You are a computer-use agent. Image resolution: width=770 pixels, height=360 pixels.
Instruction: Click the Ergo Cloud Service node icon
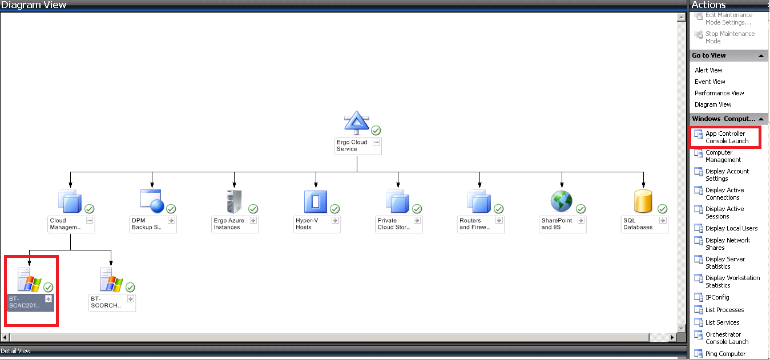357,123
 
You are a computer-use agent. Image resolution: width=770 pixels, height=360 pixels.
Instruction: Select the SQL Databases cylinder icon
643,201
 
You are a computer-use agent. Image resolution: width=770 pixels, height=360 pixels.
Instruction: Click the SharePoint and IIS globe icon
561,201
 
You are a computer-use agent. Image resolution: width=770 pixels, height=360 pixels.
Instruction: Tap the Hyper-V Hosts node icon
315,201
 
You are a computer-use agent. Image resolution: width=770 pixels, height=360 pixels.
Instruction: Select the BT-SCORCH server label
106,302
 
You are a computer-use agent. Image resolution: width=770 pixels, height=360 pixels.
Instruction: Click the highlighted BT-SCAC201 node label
25,302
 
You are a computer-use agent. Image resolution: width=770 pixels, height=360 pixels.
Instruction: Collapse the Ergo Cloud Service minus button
376,142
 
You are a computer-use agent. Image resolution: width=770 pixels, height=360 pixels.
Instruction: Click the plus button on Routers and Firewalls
499,220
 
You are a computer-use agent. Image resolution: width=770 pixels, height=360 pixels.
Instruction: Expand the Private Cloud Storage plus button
417,220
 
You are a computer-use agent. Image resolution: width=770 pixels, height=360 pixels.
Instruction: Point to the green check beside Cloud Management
90,209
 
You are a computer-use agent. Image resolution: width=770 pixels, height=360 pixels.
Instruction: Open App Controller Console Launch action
726,137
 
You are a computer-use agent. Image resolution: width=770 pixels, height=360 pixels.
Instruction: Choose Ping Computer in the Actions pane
725,354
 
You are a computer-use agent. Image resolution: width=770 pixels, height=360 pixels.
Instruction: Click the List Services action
722,322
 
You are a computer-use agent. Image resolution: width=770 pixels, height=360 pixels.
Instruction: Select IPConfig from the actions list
717,297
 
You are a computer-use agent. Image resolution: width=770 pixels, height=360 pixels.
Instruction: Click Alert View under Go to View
708,70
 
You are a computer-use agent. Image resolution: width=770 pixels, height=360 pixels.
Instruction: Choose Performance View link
719,93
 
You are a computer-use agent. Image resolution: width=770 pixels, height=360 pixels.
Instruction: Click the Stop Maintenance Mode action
729,38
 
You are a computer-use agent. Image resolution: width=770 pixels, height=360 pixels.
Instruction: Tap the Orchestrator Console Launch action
726,338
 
